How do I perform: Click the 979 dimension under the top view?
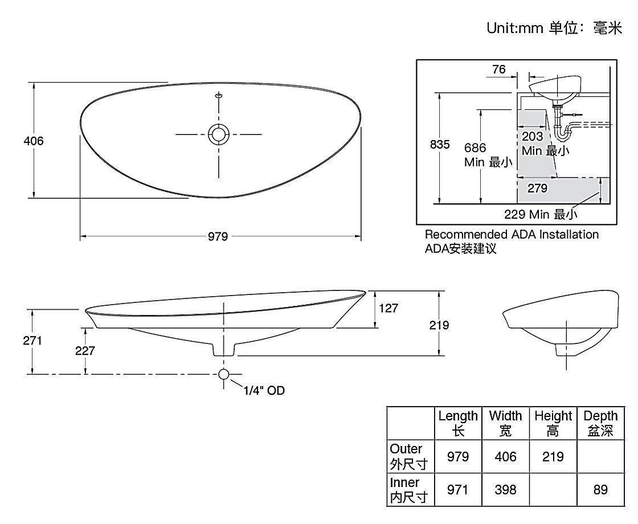point(218,236)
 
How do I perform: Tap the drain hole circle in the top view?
point(219,134)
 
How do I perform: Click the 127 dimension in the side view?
point(388,308)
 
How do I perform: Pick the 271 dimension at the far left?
point(32,341)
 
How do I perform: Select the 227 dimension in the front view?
point(85,351)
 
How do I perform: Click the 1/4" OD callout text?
point(264,391)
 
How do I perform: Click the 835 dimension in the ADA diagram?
point(440,145)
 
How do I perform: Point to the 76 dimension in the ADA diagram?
point(498,70)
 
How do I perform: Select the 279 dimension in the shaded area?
point(537,188)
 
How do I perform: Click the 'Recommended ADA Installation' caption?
point(512,234)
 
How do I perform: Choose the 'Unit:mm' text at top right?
point(515,28)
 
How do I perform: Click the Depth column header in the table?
point(600,423)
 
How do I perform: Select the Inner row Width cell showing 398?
point(505,489)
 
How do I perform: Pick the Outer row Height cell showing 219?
point(553,456)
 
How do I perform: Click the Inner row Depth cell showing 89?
point(600,489)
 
